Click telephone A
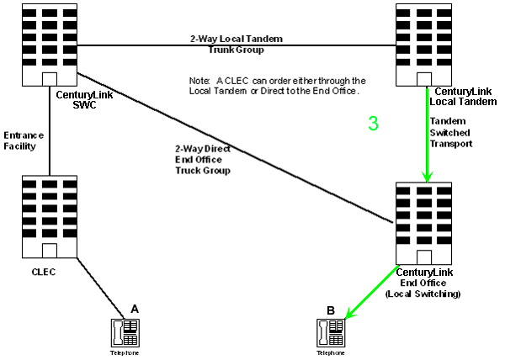[127, 331]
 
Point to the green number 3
[374, 124]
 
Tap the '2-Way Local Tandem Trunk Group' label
[237, 44]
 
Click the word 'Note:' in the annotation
[199, 80]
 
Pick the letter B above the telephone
[331, 310]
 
